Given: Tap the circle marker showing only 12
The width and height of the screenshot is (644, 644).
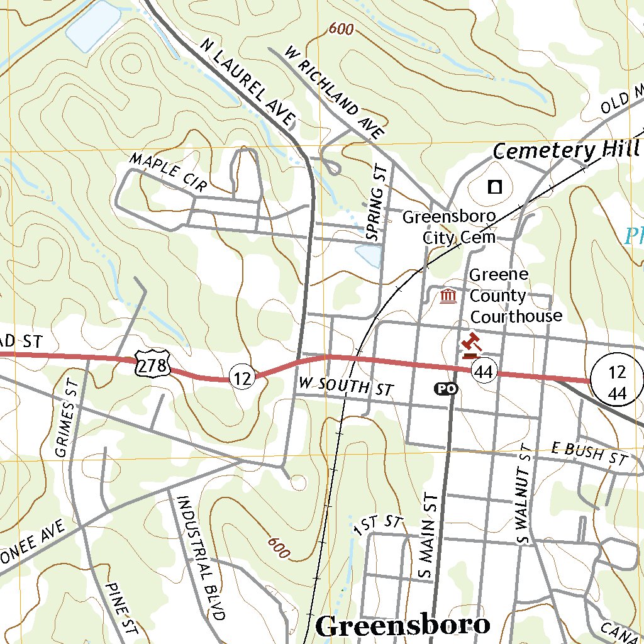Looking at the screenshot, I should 242,378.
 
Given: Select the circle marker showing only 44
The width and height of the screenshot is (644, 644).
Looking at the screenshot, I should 484,372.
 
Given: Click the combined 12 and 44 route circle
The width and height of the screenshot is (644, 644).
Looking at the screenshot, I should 617,379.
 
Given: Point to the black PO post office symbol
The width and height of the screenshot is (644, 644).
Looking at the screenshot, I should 446,389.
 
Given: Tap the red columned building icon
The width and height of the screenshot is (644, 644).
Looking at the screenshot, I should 448,295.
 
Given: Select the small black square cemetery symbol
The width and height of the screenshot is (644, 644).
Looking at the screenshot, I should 496,186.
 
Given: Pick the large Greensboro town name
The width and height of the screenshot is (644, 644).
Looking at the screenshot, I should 402,625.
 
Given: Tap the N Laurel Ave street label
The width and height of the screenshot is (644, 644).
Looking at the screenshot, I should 248,81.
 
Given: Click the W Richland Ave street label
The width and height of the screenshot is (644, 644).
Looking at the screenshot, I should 333,92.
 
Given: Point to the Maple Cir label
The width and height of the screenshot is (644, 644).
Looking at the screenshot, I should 168,172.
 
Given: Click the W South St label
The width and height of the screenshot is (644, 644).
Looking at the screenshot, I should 345,386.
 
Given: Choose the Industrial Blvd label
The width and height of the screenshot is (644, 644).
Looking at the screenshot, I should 200,557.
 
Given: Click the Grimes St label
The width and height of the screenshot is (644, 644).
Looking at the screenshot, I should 65,411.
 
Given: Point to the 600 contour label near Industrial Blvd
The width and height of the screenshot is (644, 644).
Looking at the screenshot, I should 278,547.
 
